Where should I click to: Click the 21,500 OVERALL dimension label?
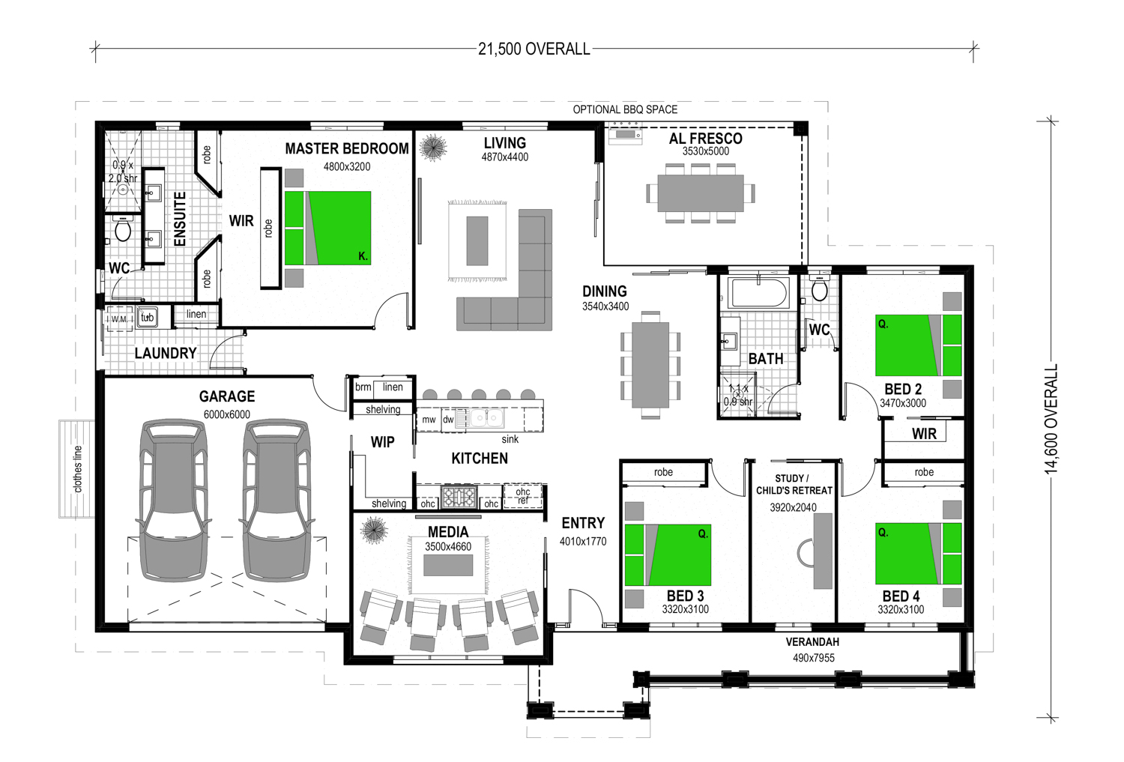pos(534,49)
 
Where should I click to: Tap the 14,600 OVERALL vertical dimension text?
pos(1051,419)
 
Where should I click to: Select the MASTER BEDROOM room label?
pos(347,148)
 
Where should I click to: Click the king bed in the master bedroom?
pos(327,228)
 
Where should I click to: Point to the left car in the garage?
pos(174,501)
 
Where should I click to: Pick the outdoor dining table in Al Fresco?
pos(701,193)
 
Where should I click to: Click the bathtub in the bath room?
pos(760,293)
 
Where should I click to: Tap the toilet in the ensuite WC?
pos(123,229)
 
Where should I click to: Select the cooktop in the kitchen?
pos(459,497)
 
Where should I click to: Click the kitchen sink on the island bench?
pos(487,418)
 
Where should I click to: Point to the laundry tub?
pos(147,317)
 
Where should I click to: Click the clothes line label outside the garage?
pos(77,469)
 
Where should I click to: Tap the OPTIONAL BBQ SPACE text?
pos(625,109)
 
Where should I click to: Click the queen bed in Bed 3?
pos(668,554)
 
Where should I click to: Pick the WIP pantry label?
pos(382,442)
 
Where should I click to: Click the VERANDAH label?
pos(812,641)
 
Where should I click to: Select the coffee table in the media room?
pos(448,565)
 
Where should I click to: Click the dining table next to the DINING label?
pos(650,365)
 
